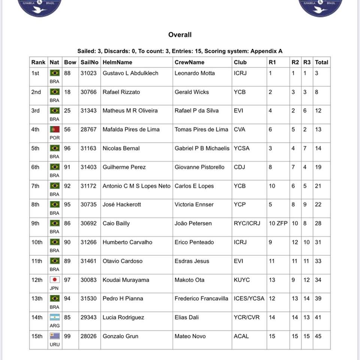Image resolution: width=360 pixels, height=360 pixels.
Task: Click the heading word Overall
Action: [x=180, y=35]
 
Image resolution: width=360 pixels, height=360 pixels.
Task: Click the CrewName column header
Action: [x=189, y=62]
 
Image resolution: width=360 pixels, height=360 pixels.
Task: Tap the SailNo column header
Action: [x=90, y=62]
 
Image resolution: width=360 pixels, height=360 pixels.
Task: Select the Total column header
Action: [x=321, y=62]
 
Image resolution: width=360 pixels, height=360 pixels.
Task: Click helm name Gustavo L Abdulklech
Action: [x=130, y=73]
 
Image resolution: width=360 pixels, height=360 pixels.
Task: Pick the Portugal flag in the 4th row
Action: [x=55, y=129]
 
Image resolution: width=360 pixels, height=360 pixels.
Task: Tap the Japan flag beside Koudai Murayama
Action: [x=55, y=280]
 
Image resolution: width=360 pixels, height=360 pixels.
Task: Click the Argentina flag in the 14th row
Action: [x=55, y=317]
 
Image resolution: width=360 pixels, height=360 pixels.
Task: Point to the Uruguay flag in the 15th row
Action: [x=55, y=336]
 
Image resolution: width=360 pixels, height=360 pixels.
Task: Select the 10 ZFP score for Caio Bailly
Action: [x=278, y=223]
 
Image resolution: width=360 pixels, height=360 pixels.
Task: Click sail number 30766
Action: [x=88, y=92]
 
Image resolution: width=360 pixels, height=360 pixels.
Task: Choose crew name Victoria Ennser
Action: [x=194, y=204]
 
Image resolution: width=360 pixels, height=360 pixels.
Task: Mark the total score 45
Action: [x=318, y=336]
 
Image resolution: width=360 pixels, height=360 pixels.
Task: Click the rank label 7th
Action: [x=35, y=186]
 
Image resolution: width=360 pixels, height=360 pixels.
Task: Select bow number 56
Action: [x=67, y=129]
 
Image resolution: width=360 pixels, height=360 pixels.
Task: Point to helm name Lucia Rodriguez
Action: [x=123, y=317]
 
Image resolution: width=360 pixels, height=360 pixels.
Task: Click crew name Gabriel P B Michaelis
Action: [x=202, y=148]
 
